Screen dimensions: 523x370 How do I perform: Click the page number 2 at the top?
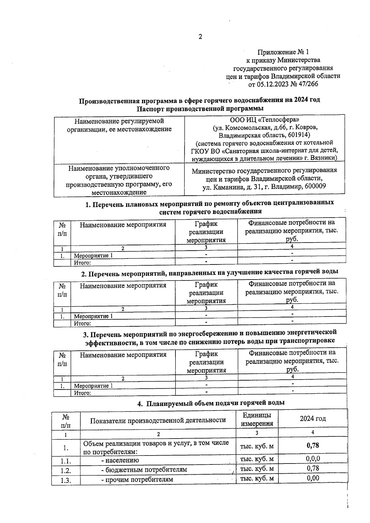[x=200, y=37]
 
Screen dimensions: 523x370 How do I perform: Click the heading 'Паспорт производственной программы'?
[x=200, y=108]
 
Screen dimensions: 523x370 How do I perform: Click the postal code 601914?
[x=298, y=135]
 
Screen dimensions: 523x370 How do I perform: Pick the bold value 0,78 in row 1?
[x=313, y=445]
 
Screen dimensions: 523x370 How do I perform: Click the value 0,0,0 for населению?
[x=313, y=458]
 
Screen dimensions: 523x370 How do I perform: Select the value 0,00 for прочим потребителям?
[x=313, y=478]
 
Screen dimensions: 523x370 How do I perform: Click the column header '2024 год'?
[x=313, y=419]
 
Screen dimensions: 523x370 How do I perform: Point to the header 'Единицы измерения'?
[x=257, y=419]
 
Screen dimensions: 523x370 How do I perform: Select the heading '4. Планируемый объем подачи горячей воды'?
[x=211, y=403]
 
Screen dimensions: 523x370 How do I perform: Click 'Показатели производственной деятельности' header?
[x=158, y=420]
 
